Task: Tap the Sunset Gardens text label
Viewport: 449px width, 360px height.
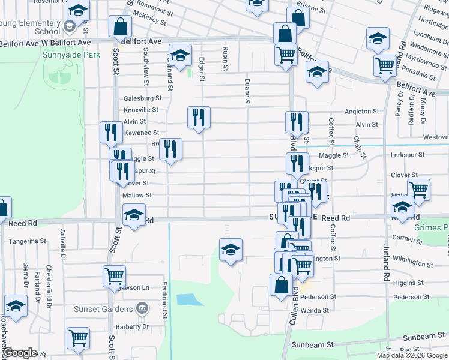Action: coord(103,309)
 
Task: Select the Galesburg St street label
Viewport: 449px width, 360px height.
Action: coord(143,98)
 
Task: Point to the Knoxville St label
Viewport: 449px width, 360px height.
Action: coord(141,110)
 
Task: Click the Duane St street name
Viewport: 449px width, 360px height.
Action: coord(247,92)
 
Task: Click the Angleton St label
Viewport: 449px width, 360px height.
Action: coord(362,112)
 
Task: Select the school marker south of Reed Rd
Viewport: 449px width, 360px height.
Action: coord(231,250)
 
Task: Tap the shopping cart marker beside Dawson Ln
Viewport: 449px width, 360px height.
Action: coord(113,276)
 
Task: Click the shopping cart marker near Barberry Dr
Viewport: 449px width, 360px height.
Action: coord(79,338)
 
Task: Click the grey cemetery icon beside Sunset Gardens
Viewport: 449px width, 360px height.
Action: coord(142,309)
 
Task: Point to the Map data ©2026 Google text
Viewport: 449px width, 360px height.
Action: coord(412,355)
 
